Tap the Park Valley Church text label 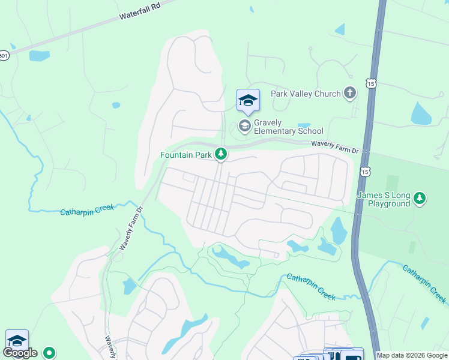point(305,93)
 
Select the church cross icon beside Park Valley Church point(350,93)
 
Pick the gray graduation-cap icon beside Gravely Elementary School point(244,126)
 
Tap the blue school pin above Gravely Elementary point(248,101)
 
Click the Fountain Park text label point(185,155)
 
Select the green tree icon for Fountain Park point(221,155)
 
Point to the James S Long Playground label point(384,199)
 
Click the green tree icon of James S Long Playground point(421,198)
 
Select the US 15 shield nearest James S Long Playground point(364,172)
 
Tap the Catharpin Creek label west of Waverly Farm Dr point(87,210)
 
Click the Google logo point(20,353)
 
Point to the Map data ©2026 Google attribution point(412,355)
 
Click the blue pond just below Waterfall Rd point(39,56)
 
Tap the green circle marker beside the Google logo point(50,353)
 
